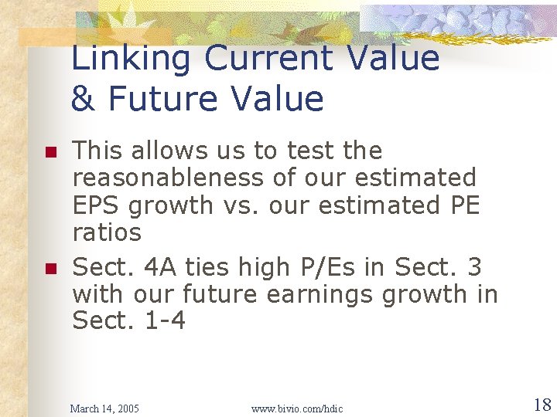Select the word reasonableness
[168, 178]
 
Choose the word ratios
[107, 232]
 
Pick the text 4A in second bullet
[160, 267]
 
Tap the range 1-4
[166, 320]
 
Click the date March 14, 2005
[105, 408]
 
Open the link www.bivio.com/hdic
[297, 408]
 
